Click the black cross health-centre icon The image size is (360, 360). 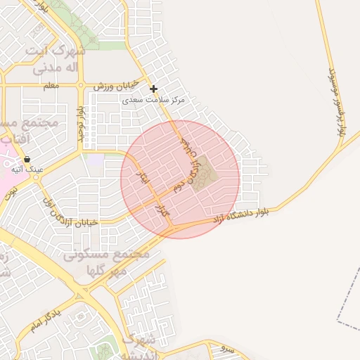tap(154, 89)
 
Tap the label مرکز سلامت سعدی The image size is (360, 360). tap(154, 100)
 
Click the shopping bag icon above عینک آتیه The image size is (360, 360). tap(27, 159)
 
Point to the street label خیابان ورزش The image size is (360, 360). tap(114, 86)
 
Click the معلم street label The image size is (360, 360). tap(50, 86)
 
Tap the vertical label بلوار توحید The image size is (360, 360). tap(82, 120)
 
